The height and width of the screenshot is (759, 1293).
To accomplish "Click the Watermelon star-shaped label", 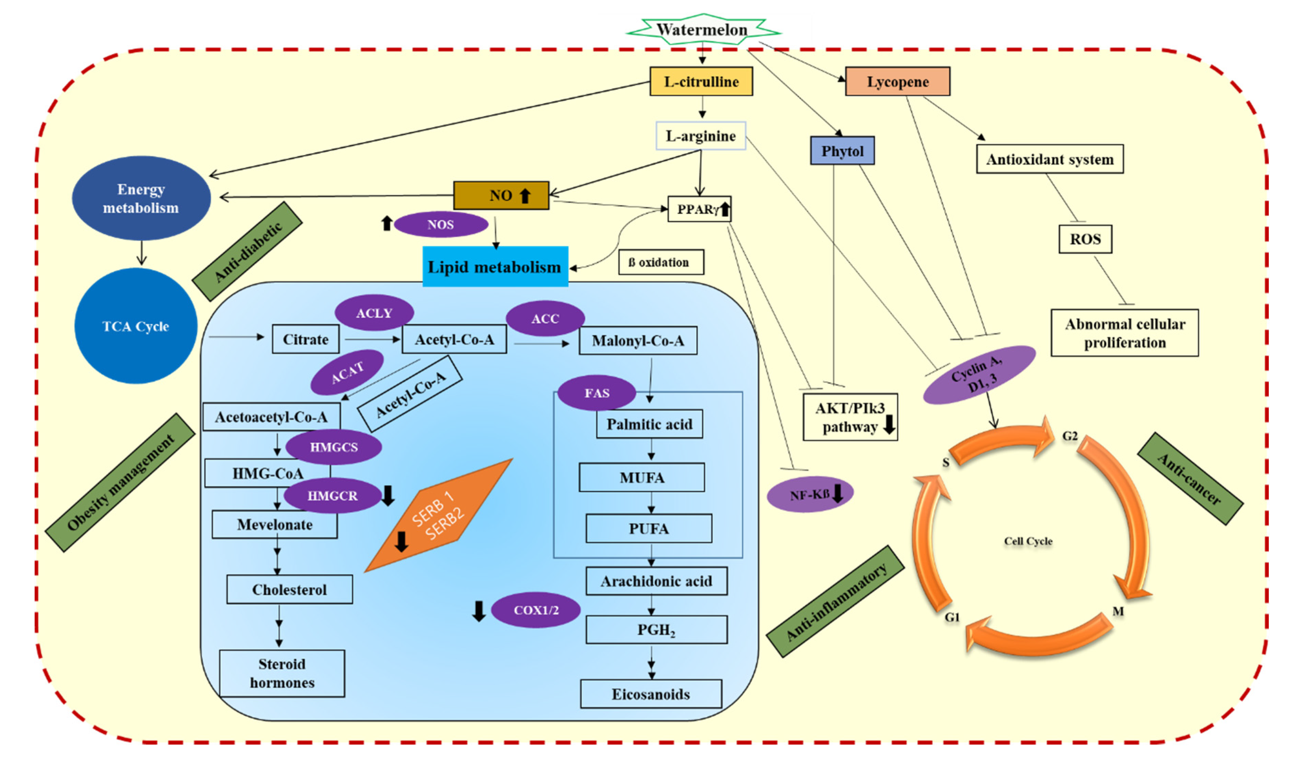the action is pos(703,30).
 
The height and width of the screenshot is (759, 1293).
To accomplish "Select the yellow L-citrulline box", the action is pos(701,82).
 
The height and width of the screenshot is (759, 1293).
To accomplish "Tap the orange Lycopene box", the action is pos(898,82).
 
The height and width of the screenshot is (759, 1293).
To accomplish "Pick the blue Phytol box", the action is pos(843,151).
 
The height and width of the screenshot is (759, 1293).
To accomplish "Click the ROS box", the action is pos(1085,239).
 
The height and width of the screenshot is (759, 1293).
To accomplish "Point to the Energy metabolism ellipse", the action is pos(141,199).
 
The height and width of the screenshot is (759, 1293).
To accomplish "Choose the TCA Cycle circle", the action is pos(136,326).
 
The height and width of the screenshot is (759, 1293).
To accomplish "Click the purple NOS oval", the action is pos(441,225).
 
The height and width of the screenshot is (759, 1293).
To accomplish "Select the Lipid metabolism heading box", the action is pos(495,267).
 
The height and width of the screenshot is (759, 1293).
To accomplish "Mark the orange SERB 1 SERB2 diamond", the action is pos(439,515).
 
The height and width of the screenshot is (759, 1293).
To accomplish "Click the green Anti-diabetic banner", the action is pos(247,251).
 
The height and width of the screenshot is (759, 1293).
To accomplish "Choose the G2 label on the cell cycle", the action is pos(1070,436).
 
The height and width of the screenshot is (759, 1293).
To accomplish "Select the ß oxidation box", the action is pos(661,262).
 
